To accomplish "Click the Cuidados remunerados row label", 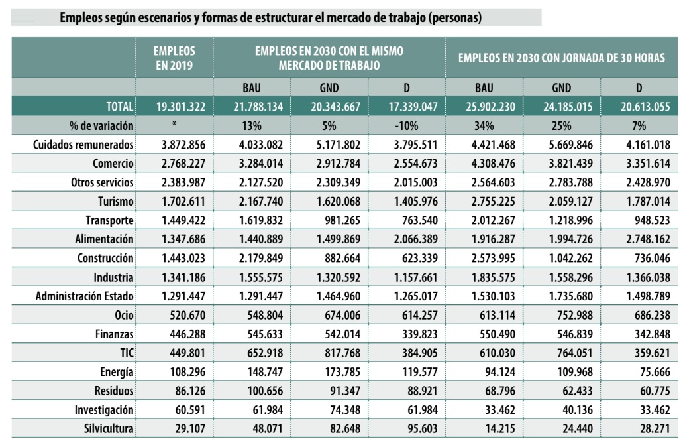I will click(x=85, y=144).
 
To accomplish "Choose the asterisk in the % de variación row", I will click(x=175, y=125).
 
